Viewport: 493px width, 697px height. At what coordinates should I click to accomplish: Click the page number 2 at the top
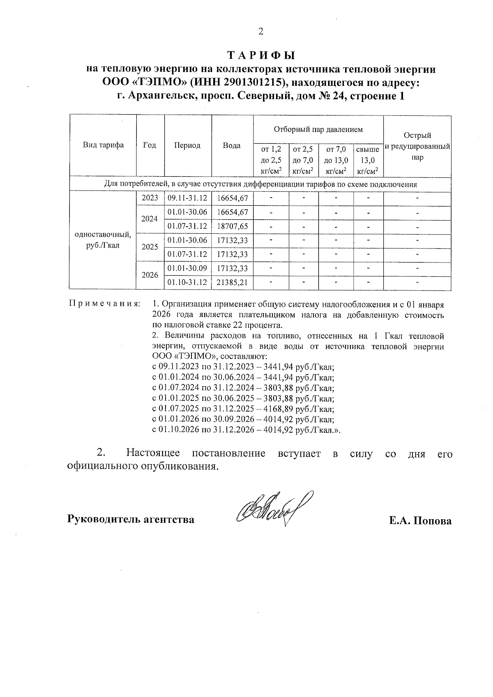pyautogui.click(x=260, y=32)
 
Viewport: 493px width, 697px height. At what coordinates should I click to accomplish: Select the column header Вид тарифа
pyautogui.click(x=103, y=145)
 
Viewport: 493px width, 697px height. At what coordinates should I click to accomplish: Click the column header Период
pyautogui.click(x=187, y=145)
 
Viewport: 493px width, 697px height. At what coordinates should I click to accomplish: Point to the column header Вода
pyautogui.click(x=232, y=145)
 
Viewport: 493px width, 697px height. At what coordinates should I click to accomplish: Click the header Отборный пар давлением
pyautogui.click(x=318, y=130)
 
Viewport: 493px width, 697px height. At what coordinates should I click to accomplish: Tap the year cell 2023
pyautogui.click(x=150, y=198)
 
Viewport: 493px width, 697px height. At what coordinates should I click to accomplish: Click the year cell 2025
pyautogui.click(x=150, y=247)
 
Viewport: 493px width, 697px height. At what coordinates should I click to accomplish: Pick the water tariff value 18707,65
pyautogui.click(x=232, y=226)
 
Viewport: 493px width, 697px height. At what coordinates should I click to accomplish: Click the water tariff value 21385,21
pyautogui.click(x=232, y=283)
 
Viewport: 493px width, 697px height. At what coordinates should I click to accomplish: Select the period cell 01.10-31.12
pyautogui.click(x=187, y=283)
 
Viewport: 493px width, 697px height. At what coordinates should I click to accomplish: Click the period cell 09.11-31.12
pyautogui.click(x=187, y=198)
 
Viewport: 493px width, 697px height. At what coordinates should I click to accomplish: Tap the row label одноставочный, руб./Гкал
pyautogui.click(x=103, y=240)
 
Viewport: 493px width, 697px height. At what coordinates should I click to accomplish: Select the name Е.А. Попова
pyautogui.click(x=420, y=521)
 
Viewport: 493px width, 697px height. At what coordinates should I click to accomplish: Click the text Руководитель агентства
pyautogui.click(x=131, y=519)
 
